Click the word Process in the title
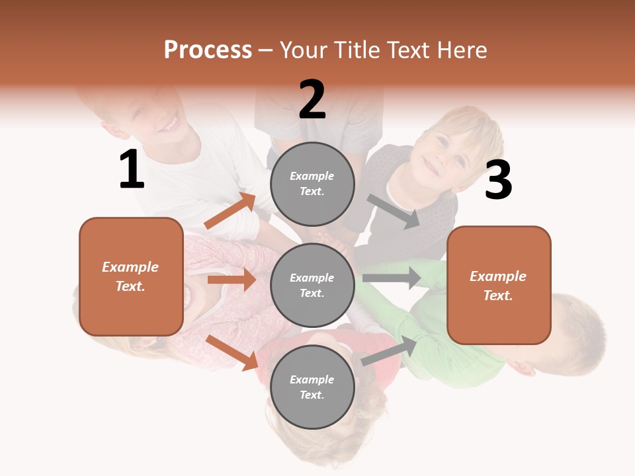pyautogui.click(x=208, y=50)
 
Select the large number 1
pyautogui.click(x=132, y=170)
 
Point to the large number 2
pyautogui.click(x=312, y=100)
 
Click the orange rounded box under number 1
pyautogui.click(x=131, y=276)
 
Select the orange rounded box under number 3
pyautogui.click(x=499, y=285)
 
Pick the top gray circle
pyautogui.click(x=312, y=184)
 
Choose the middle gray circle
pyautogui.click(x=312, y=285)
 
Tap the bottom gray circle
pyautogui.click(x=312, y=387)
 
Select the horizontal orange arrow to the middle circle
pyautogui.click(x=232, y=280)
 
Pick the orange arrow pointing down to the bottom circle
pyautogui.click(x=232, y=352)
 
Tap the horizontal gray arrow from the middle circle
pyautogui.click(x=392, y=278)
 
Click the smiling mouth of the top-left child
pyautogui.click(x=170, y=124)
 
